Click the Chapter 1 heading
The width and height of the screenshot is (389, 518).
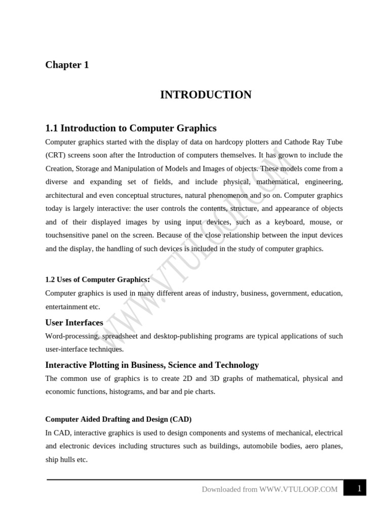pos(67,65)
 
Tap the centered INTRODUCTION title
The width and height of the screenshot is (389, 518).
pos(206,95)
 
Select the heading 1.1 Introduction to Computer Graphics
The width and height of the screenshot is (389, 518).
pos(131,128)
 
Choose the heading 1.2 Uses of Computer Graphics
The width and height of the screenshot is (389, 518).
pos(97,279)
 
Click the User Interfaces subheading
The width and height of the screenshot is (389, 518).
pos(74,322)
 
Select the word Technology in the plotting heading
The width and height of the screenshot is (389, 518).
pos(237,365)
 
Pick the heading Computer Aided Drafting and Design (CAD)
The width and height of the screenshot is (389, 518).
pos(118,419)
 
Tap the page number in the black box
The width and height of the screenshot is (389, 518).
pos(359,489)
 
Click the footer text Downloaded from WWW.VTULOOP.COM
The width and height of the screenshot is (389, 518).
pos(269,490)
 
